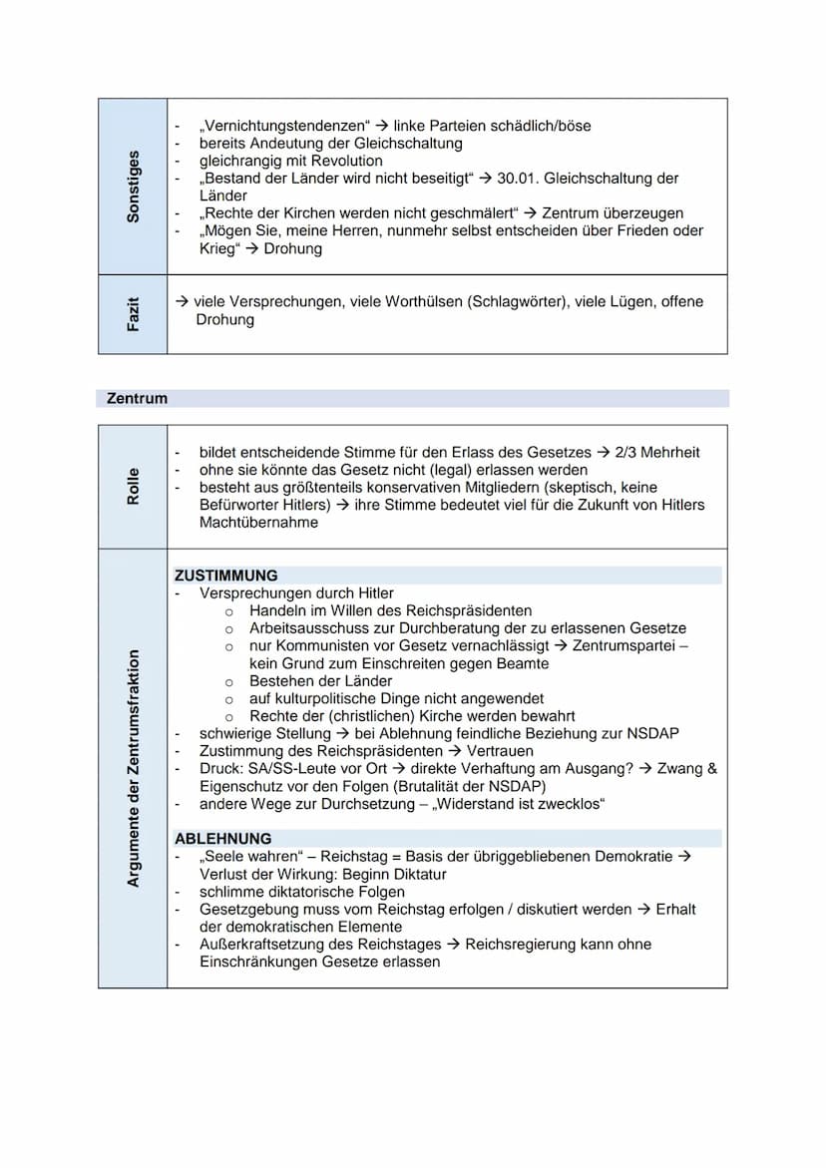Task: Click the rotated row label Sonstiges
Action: pos(133,187)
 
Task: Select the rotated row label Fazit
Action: pos(133,313)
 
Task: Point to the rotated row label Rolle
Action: pos(133,486)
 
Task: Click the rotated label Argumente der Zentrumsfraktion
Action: pos(133,768)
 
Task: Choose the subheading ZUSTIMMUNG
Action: pos(226,576)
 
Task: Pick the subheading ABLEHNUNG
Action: pos(222,839)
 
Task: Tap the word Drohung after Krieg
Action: pos(293,248)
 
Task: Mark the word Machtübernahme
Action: pos(259,522)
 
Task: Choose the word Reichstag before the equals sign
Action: pos(360,857)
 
